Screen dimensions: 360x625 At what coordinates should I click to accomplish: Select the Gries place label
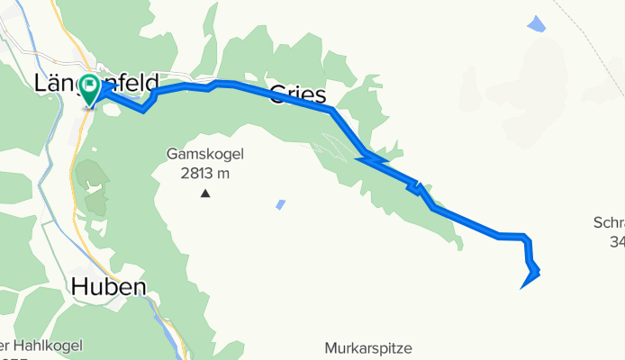click(x=298, y=94)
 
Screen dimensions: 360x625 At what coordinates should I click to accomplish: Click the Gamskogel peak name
click(x=205, y=154)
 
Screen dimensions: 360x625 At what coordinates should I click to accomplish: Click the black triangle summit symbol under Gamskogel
click(x=206, y=193)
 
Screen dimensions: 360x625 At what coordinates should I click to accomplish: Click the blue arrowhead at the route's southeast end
click(x=529, y=282)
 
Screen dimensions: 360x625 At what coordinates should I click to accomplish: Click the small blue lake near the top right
click(x=536, y=24)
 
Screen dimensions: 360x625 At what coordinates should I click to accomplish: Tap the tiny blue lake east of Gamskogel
click(x=281, y=204)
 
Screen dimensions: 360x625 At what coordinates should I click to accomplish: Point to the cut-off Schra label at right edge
click(x=610, y=221)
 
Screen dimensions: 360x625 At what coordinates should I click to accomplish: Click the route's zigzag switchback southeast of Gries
click(x=371, y=159)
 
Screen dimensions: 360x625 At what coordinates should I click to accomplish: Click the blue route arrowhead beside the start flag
click(x=104, y=90)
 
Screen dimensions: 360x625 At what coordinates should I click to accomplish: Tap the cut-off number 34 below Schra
click(x=615, y=241)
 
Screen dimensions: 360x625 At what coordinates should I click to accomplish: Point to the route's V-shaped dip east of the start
click(x=144, y=109)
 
